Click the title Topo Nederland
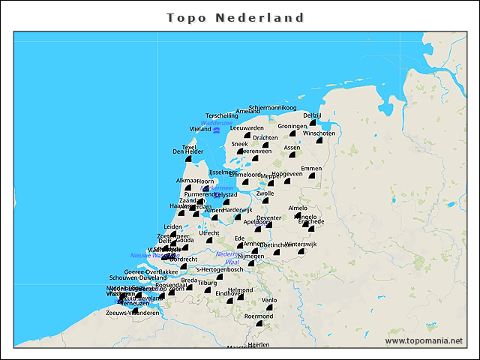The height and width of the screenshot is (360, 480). (x=235, y=17)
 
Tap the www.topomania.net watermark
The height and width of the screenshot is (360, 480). (x=424, y=341)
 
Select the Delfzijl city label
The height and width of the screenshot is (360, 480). (x=312, y=115)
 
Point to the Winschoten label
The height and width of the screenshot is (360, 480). (x=319, y=133)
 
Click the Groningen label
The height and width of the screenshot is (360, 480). (x=292, y=126)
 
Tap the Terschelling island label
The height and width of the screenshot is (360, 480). (x=221, y=115)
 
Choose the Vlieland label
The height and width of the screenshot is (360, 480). (x=200, y=129)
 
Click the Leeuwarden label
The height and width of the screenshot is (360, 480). (x=247, y=128)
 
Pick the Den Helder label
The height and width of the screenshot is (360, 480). (x=187, y=151)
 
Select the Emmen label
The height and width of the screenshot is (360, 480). (x=310, y=168)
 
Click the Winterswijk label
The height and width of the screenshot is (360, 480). (x=301, y=244)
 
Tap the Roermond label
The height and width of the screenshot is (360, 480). (x=259, y=316)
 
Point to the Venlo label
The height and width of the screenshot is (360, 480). (x=268, y=300)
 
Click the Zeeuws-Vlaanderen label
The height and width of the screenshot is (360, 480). (x=132, y=313)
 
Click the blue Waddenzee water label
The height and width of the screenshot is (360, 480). (x=216, y=123)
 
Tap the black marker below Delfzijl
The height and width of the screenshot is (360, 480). (x=313, y=122)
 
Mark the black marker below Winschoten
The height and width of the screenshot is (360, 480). (x=319, y=141)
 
